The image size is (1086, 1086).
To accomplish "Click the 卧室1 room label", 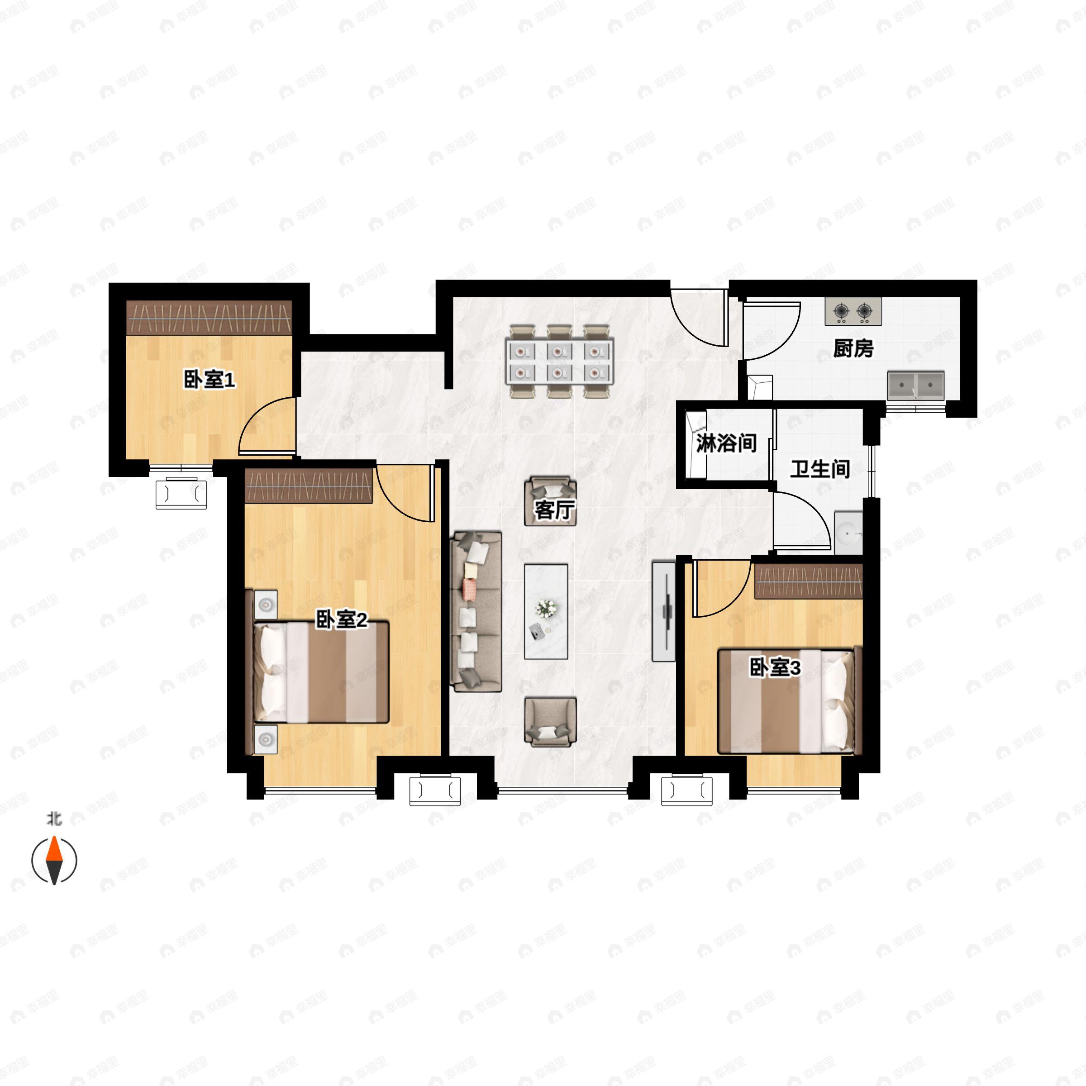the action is coord(210,381).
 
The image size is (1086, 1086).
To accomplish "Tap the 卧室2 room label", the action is coord(342,620).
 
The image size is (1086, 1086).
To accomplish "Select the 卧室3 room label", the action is coord(775,668).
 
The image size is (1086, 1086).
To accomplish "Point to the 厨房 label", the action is coord(853,348).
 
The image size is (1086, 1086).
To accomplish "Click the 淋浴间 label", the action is coord(726,443).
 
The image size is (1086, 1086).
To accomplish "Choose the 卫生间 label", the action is coord(820,469).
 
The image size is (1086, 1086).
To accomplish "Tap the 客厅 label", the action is coord(554,510).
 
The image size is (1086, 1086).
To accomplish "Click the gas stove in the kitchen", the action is coord(853,311).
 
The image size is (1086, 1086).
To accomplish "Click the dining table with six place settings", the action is coord(559,362).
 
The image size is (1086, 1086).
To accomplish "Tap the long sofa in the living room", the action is coord(476,612).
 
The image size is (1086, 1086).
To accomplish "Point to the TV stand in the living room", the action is coord(663,611).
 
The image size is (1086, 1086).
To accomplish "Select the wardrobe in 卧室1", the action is coord(209,318).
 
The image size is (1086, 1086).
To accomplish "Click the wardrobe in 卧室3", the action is coord(808,582).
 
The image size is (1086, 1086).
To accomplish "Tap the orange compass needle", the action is coord(54,849).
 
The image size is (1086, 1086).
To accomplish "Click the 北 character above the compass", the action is coord(54,819).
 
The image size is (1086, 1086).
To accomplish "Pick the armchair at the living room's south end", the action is coord(550,722).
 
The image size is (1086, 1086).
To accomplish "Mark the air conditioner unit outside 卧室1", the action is coord(181,493).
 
